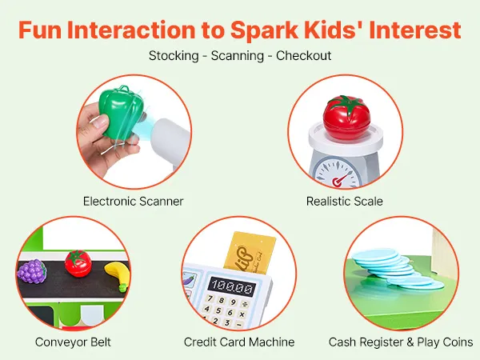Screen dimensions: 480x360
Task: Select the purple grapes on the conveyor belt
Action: coord(32,271)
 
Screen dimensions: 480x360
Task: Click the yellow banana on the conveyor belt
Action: coord(118,275)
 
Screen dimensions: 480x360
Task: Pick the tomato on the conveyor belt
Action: coord(78,263)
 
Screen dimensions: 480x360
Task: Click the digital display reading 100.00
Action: coord(232,287)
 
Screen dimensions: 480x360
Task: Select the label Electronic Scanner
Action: coord(133,201)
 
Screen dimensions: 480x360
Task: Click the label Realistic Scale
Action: coord(344,201)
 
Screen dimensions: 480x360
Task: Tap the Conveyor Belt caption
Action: coord(73,342)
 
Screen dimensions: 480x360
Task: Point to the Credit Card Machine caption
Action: coord(239,342)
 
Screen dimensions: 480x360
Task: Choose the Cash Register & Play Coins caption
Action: coord(401,342)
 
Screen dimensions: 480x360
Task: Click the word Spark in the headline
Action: coord(264,30)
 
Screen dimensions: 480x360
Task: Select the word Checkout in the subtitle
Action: coord(304,56)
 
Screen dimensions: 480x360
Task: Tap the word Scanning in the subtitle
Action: coord(238,56)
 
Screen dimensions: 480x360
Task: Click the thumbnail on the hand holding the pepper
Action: coord(99,122)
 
